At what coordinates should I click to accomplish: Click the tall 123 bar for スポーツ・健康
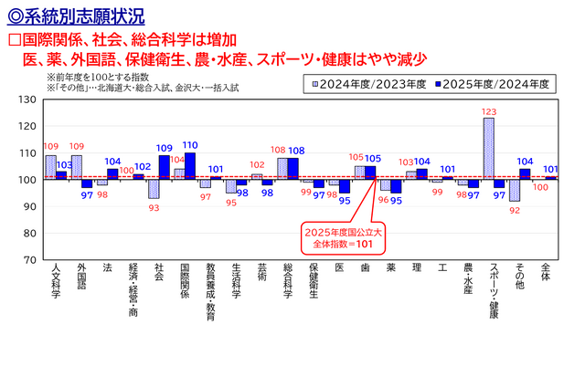click(x=489, y=149)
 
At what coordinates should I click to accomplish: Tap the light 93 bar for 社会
click(x=154, y=189)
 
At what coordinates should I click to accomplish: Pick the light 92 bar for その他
click(x=515, y=190)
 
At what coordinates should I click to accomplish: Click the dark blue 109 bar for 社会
click(x=165, y=168)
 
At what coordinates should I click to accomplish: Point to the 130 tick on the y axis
click(x=28, y=99)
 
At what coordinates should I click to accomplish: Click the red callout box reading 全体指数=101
click(x=341, y=237)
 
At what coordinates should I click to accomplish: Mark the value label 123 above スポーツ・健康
click(x=489, y=112)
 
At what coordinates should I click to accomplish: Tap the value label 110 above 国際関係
click(x=190, y=145)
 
